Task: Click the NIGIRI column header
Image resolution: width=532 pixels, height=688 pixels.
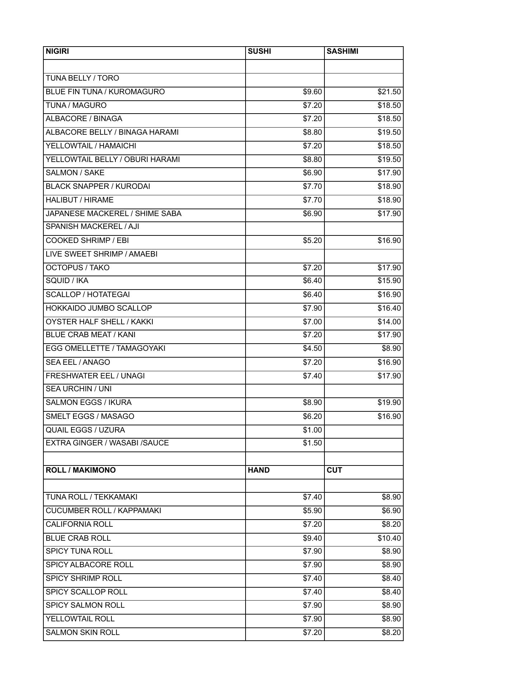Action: coord(57,51)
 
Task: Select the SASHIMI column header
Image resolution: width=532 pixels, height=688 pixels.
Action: coord(342,51)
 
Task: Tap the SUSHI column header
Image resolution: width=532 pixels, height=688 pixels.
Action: coord(259,51)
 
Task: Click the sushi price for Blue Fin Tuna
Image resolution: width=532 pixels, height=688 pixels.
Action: coord(312,92)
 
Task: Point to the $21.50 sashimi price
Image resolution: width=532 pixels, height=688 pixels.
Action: coord(389,92)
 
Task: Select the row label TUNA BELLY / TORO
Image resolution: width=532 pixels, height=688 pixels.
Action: coord(82,78)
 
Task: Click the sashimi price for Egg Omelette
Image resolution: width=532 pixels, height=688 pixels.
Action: coord(391,349)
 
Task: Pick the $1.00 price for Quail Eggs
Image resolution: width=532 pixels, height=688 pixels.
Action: coord(312,430)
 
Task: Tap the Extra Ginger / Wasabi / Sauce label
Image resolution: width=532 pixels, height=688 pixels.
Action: coord(107,443)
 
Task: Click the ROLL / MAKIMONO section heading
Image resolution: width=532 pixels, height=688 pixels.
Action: coord(81,470)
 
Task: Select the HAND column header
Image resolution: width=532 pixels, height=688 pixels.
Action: coord(258,470)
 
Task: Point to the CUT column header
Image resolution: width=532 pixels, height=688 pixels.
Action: coord(334,470)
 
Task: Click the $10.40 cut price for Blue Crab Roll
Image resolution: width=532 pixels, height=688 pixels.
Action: coord(389,538)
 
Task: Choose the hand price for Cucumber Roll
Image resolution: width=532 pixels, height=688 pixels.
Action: coord(312,511)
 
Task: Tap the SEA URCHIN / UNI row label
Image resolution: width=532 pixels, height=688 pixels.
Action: coord(79,389)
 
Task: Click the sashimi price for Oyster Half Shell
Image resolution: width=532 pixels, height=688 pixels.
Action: coord(389,322)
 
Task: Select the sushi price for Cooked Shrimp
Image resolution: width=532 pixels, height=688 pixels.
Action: coord(312,240)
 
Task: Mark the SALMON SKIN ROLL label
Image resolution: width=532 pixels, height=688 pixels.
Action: coord(82,632)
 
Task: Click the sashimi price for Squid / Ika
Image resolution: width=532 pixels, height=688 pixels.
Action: coord(389,281)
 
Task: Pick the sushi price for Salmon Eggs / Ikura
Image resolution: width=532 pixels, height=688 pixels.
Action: coord(312,403)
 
